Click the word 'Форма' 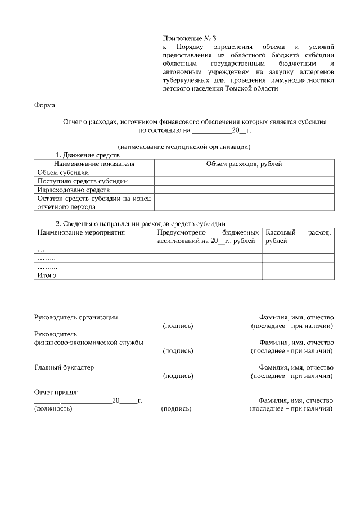45,105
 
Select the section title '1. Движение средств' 87,155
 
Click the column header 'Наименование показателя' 94,164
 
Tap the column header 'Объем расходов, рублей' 244,164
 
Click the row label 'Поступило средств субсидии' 82,181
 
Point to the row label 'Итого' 47,276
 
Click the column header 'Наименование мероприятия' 80,232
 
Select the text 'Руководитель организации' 76,317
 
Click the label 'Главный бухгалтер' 64,367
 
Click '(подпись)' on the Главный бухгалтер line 177,376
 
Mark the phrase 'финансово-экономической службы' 88,342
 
